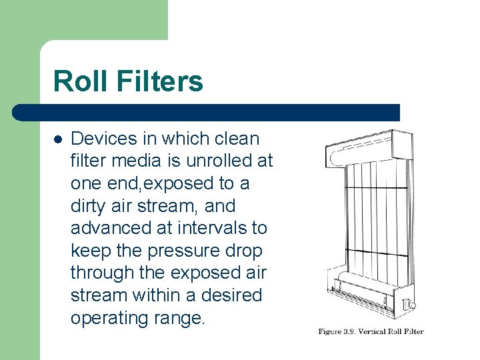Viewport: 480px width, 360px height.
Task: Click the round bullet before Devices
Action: coord(58,139)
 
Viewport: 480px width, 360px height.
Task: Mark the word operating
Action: coord(112,318)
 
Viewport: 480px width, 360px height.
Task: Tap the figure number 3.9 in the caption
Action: coord(347,331)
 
